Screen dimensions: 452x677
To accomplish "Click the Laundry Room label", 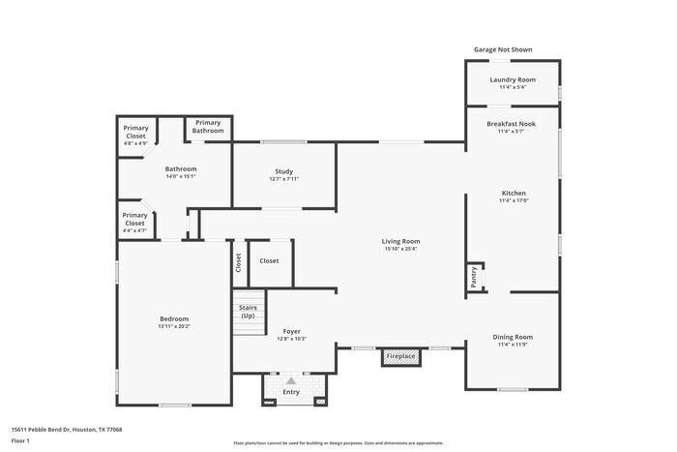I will coord(512,79).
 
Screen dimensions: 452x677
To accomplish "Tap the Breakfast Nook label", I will coord(511,124).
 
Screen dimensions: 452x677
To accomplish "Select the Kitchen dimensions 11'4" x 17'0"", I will coord(513,200).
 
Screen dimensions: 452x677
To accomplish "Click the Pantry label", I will coord(474,277).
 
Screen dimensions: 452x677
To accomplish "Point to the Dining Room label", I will coord(513,337).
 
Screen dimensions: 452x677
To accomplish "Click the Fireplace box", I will coord(400,357).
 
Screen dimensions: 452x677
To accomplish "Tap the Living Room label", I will coord(400,241).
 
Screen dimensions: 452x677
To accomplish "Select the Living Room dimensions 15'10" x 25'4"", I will coord(400,249).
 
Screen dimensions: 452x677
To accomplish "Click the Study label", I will coord(283,171).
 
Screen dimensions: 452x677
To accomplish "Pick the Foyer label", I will coord(291,331).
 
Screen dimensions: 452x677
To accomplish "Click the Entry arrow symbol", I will coord(290,380).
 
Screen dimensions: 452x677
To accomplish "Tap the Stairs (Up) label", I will coord(248,312).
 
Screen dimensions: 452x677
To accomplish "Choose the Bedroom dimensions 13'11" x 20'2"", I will coord(174,326).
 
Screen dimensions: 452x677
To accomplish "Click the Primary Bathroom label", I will coord(208,126).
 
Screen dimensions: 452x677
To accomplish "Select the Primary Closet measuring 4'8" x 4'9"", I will coord(135,133).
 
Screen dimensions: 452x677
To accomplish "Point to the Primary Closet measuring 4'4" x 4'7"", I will coord(134,220).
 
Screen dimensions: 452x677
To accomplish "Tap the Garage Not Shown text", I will coord(502,49).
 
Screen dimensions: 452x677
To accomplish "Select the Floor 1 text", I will coord(21,440).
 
